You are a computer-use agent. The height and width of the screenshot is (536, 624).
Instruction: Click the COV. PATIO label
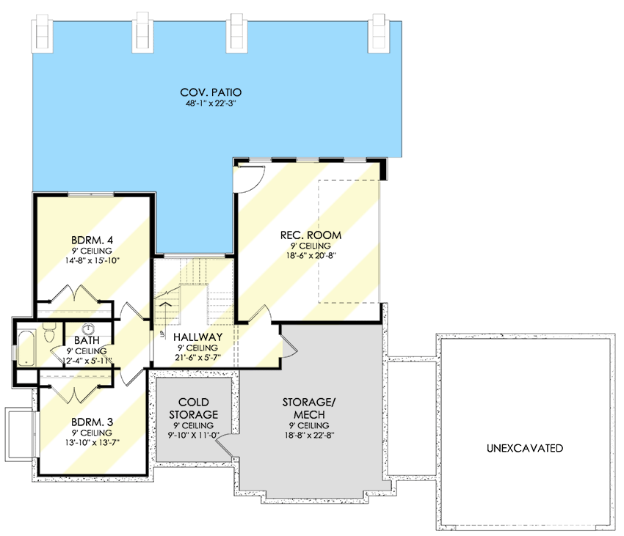click(211, 92)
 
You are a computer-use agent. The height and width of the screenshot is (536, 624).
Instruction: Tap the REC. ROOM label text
click(311, 235)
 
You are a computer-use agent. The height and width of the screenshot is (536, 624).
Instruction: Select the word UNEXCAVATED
click(524, 448)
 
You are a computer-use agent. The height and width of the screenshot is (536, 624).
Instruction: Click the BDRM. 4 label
click(92, 239)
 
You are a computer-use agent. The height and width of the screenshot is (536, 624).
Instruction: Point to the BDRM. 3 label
click(92, 422)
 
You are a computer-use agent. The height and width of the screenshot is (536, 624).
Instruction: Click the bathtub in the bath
click(25, 348)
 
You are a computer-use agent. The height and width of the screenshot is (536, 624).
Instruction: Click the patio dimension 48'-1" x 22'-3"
click(211, 103)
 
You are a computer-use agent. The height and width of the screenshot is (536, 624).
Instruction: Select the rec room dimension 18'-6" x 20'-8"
click(311, 256)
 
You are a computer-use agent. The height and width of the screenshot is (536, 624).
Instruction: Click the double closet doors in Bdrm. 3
click(76, 386)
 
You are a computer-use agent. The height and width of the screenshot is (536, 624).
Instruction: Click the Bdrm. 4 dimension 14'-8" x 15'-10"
click(92, 260)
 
